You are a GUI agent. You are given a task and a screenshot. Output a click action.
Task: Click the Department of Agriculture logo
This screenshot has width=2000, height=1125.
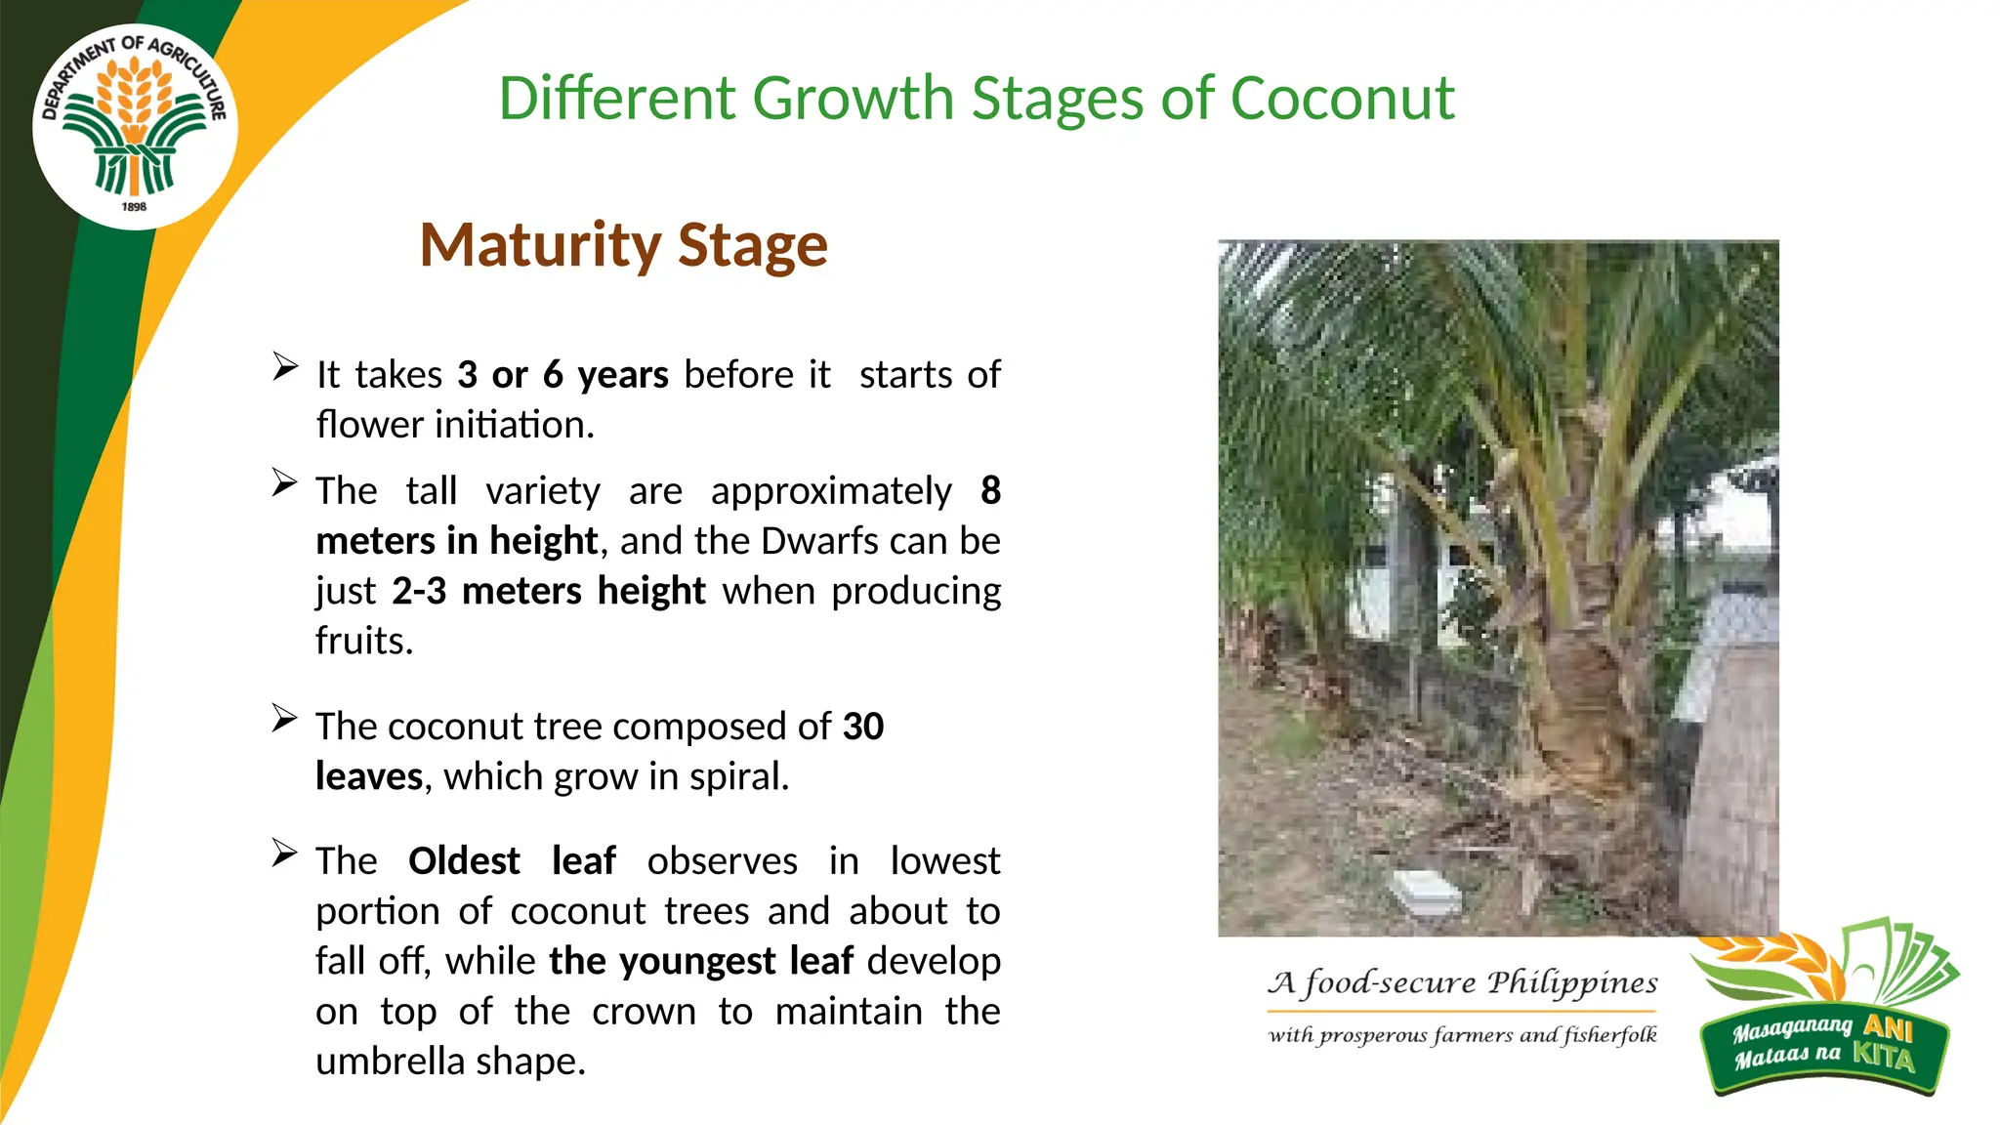pos(135,125)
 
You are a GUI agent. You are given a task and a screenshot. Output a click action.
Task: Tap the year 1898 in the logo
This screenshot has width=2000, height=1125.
pos(134,207)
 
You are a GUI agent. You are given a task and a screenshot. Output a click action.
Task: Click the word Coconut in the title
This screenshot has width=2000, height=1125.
pos(1342,99)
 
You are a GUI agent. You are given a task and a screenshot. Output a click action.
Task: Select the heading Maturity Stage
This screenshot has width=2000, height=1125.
pos(623,244)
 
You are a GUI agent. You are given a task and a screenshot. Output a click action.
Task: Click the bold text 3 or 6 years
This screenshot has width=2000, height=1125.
pos(562,375)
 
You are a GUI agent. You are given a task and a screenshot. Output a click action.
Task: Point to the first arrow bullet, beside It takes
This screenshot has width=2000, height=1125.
pos(284,367)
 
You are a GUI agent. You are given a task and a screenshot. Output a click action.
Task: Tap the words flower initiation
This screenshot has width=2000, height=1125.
pos(454,425)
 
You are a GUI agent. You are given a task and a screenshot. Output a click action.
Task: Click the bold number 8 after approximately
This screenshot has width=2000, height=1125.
pos(990,490)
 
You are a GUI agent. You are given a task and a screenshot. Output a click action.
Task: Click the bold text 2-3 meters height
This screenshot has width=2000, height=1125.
pos(548,591)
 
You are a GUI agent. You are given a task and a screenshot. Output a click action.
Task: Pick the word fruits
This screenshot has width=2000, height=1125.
pos(363,642)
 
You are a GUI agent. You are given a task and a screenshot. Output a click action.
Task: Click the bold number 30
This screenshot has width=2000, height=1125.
pos(863,727)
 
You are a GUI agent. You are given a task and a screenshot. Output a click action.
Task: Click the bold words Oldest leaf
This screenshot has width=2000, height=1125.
pos(512,861)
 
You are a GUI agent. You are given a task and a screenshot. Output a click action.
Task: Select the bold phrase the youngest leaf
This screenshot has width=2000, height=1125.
pos(701,961)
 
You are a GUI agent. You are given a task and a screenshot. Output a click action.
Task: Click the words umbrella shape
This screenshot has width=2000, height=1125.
pos(449,1062)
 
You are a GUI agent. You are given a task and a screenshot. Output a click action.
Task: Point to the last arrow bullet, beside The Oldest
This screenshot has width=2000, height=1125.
pos(284,854)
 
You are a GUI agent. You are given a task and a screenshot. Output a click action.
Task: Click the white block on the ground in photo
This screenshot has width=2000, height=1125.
pos(1424,891)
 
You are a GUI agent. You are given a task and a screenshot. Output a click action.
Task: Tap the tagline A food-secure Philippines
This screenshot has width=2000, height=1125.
pos(1462,982)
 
